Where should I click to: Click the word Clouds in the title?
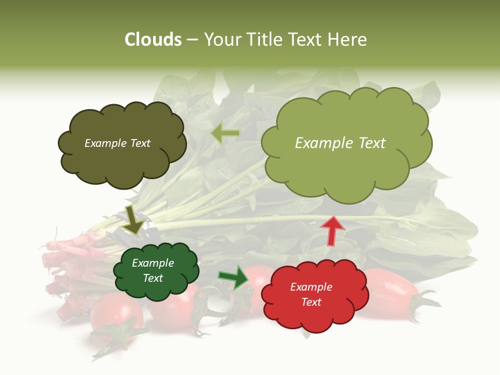[153, 40]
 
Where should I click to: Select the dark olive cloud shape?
[121, 161]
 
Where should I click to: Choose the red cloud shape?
[315, 318]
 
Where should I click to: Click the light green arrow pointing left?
[225, 134]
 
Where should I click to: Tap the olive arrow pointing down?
[133, 219]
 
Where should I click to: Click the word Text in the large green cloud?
[368, 143]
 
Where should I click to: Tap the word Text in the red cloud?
[311, 302]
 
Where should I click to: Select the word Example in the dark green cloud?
[153, 263]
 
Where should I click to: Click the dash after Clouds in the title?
[192, 40]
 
